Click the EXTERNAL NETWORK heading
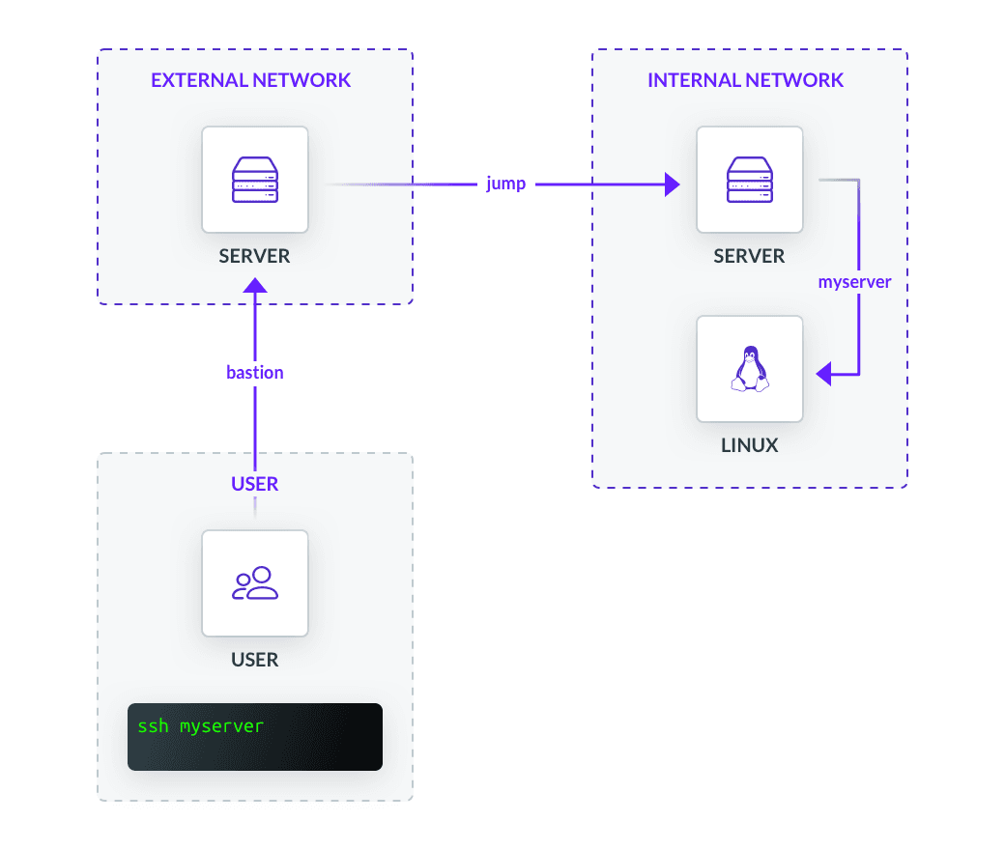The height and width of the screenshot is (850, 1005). [251, 80]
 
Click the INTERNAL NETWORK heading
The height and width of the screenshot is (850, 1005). [745, 80]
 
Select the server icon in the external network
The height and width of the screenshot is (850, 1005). [255, 180]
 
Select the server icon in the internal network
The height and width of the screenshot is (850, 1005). [750, 180]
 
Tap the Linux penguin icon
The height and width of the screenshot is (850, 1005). [750, 369]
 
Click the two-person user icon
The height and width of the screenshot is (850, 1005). [255, 582]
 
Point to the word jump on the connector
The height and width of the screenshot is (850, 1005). [506, 184]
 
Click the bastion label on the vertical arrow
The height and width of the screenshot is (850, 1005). [255, 372]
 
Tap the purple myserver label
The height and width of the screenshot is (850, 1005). [854, 283]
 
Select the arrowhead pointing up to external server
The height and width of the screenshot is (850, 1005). [255, 286]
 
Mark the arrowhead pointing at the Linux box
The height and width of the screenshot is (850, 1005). [825, 373]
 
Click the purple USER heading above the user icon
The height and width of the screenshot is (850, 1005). [255, 484]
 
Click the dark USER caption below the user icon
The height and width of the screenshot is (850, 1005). [255, 660]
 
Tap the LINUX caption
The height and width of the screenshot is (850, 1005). [750, 445]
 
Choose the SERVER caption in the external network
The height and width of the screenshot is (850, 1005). [255, 256]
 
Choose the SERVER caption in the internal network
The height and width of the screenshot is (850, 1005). [750, 256]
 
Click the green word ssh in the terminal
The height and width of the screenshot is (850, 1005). [153, 725]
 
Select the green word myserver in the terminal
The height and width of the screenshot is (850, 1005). [221, 725]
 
